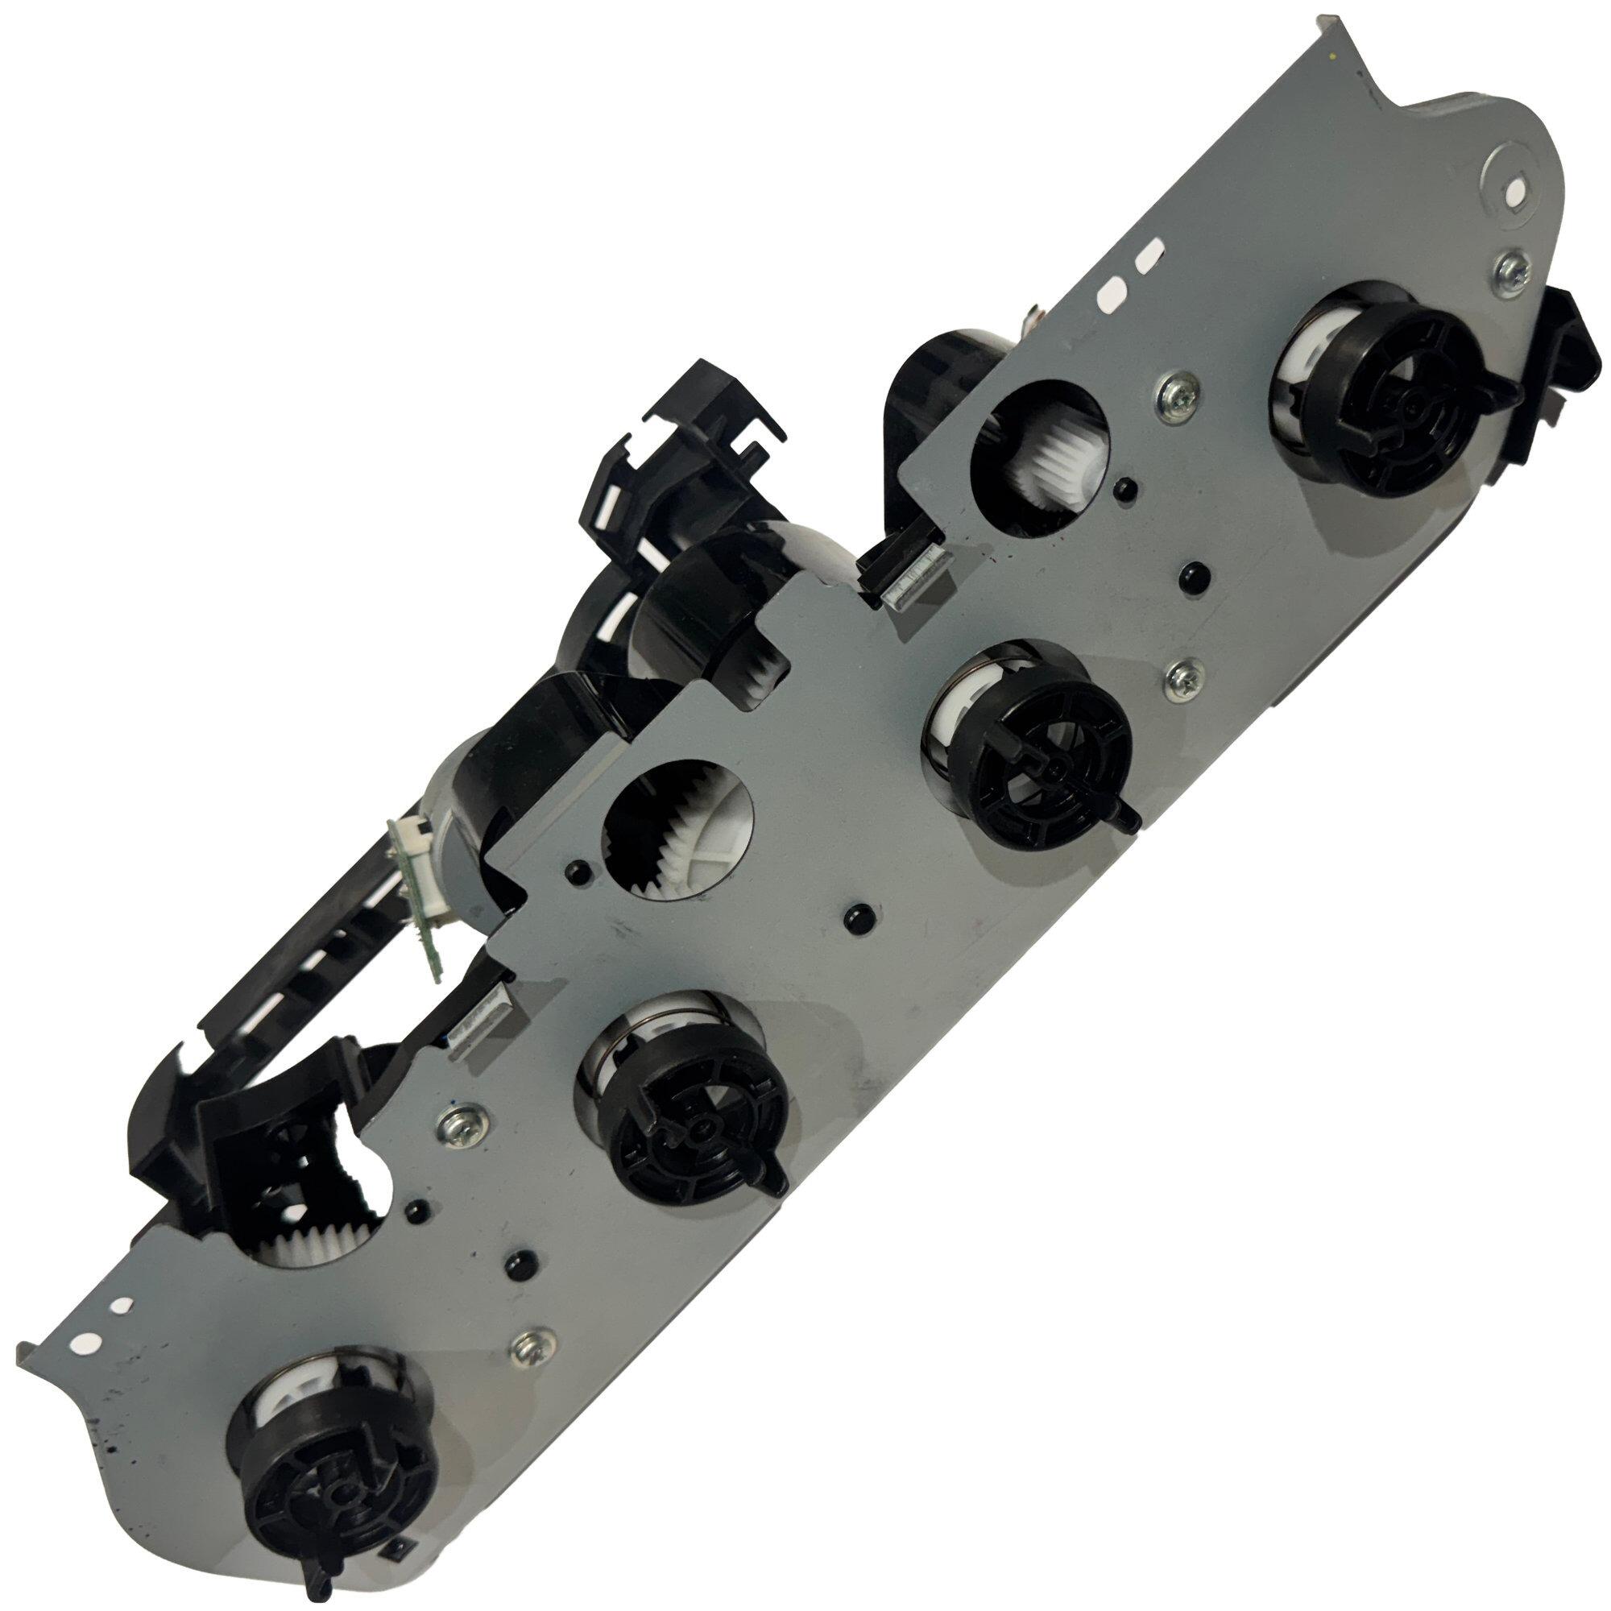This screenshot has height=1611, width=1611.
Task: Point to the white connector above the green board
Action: pyautogui.click(x=404, y=842)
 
